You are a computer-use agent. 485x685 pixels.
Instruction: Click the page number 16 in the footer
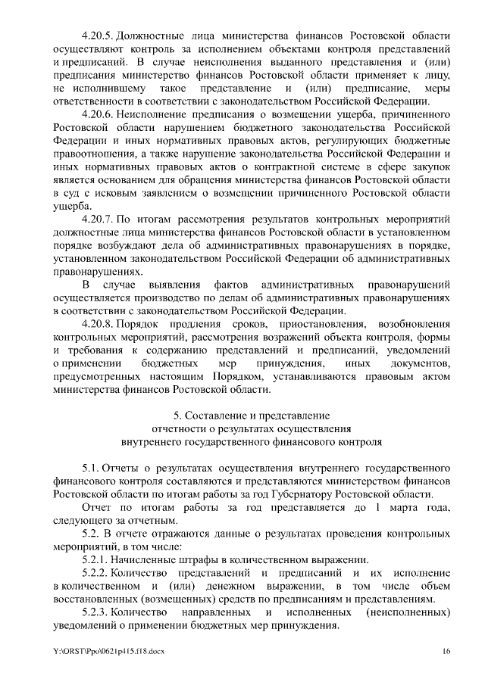point(448,652)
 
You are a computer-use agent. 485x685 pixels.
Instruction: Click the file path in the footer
point(102,652)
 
